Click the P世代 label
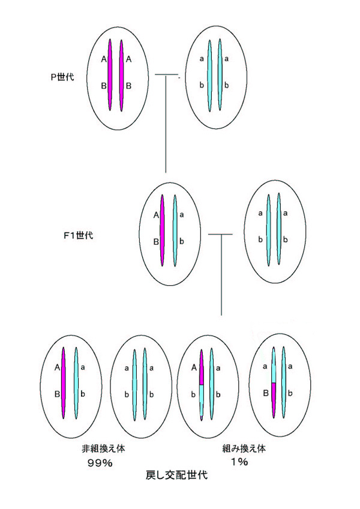coord(62,76)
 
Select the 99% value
coord(100,463)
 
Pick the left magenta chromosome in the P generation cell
coord(110,75)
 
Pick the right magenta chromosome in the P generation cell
coord(122,75)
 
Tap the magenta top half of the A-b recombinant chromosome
coord(202,367)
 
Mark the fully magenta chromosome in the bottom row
coord(63,382)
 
